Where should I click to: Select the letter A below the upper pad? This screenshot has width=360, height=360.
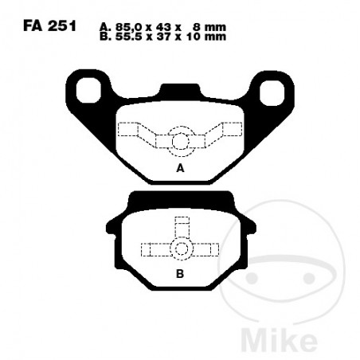tap(180, 170)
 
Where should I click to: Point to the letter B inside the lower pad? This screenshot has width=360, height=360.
tap(180, 272)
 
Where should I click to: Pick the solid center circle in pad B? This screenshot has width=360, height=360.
tap(181, 248)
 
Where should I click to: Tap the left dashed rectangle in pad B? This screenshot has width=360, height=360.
tap(154, 249)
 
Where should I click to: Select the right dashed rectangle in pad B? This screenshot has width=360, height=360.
tap(207, 249)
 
